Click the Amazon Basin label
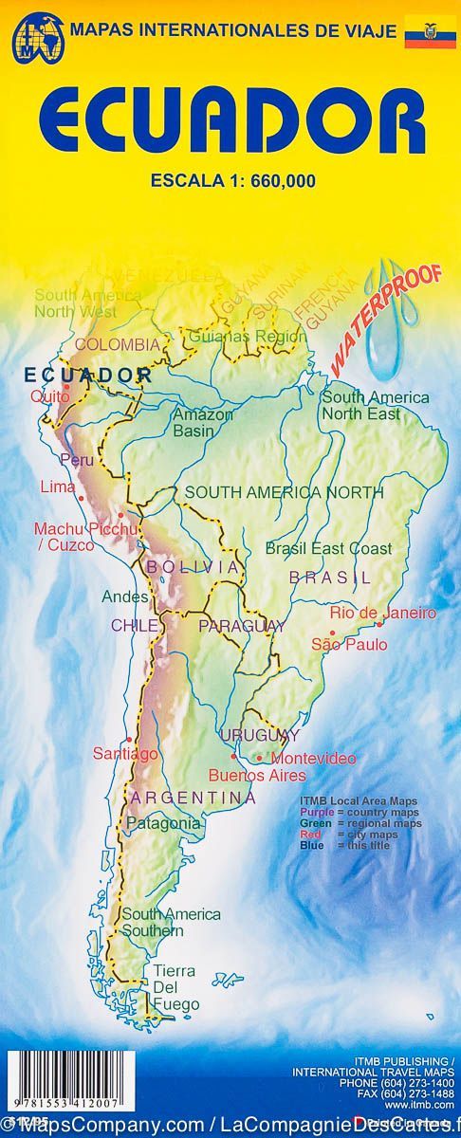point(202,422)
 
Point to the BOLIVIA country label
point(204,566)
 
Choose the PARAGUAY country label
point(241,626)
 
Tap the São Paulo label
point(349,645)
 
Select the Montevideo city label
point(313,759)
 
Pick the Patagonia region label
point(163,823)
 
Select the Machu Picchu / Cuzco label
point(78,537)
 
